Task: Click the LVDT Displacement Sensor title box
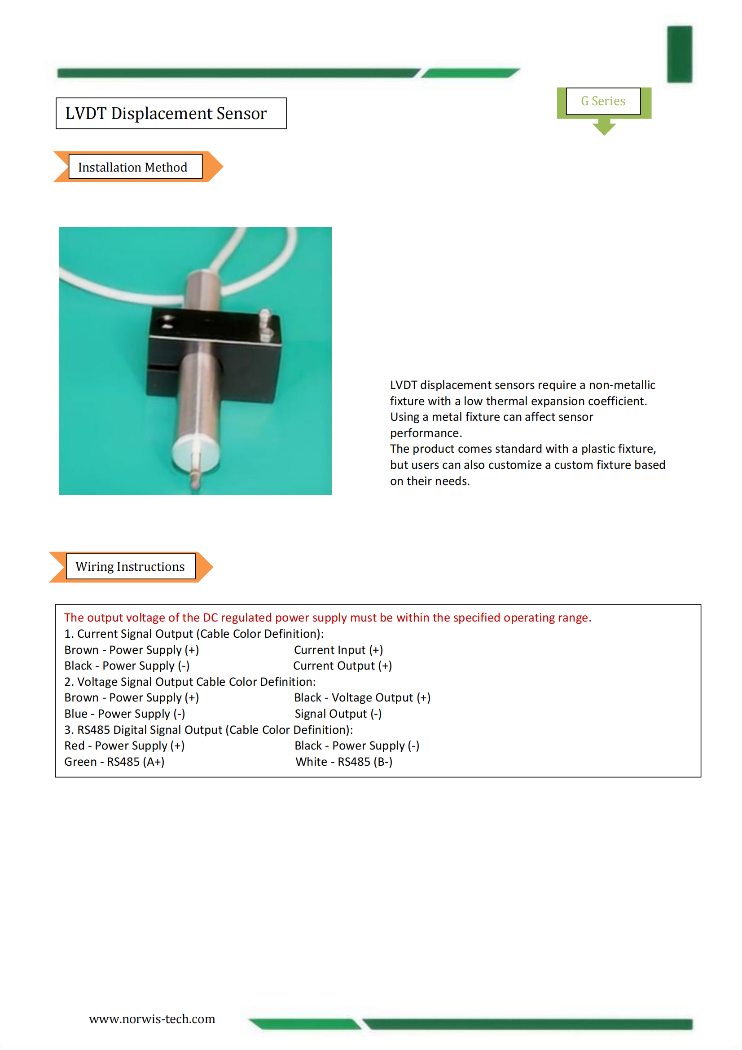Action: click(x=171, y=114)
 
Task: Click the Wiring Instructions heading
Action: click(x=130, y=567)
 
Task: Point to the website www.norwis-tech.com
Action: click(x=152, y=1019)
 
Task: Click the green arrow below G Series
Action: click(x=604, y=127)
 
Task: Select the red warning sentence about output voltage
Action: click(x=327, y=618)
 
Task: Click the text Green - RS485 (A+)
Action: click(x=114, y=761)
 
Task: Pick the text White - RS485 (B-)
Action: click(x=344, y=761)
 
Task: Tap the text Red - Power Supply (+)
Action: click(x=124, y=746)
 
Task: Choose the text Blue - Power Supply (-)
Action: click(x=124, y=714)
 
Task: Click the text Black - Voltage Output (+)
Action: click(x=362, y=697)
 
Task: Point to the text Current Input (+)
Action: click(x=338, y=650)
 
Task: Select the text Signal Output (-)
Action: click(x=338, y=714)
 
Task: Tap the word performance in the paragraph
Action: click(x=425, y=433)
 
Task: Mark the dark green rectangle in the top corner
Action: click(x=679, y=54)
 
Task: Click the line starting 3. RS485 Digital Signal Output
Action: click(x=208, y=729)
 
